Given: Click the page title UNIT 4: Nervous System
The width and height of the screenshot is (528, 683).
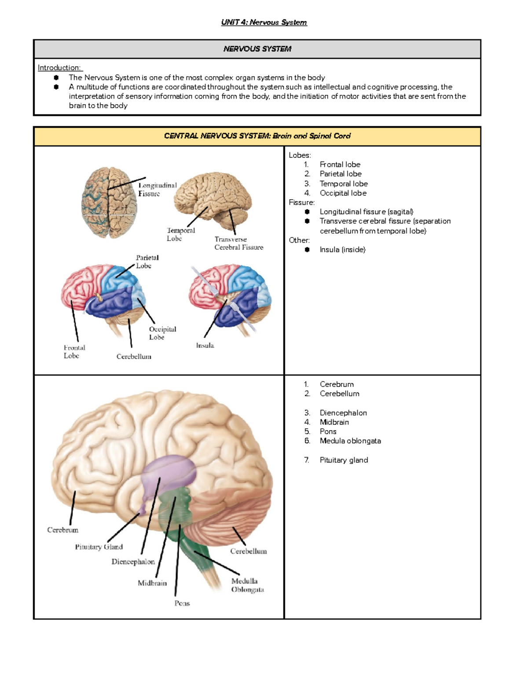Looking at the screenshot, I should [x=264, y=22].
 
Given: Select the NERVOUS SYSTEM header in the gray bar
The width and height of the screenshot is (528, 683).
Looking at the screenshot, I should [x=257, y=49].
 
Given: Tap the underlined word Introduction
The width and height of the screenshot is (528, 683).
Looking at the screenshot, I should [x=59, y=68].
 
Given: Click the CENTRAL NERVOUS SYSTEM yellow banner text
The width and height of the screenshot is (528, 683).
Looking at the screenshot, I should [x=257, y=136].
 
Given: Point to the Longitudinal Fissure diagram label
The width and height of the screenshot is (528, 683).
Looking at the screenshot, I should [x=157, y=190].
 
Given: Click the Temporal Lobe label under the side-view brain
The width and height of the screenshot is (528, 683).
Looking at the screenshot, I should [x=180, y=234].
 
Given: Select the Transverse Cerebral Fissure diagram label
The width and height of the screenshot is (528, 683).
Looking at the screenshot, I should [x=238, y=243].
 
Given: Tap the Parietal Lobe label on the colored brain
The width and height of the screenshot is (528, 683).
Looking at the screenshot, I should [x=147, y=262].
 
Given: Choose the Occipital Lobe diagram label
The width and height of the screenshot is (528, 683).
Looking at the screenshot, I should [x=162, y=333].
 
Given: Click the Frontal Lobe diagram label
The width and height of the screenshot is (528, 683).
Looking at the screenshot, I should [x=74, y=351].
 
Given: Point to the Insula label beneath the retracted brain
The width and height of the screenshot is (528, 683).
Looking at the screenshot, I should [x=205, y=346].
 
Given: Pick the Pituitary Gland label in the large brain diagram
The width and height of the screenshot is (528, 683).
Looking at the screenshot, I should [x=99, y=547].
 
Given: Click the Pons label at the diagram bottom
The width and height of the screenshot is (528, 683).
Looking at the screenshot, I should [x=182, y=603].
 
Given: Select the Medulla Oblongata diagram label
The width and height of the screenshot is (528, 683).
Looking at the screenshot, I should [x=247, y=585].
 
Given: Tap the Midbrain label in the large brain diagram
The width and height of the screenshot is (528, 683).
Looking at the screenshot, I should [x=152, y=583].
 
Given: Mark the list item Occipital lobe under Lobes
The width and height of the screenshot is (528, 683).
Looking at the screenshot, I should [x=343, y=193].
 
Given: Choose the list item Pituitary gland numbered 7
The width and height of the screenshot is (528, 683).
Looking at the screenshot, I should [x=344, y=460].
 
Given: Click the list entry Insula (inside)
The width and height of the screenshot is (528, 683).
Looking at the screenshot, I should [x=342, y=250].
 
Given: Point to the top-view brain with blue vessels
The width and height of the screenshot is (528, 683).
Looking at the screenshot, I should [x=109, y=202].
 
